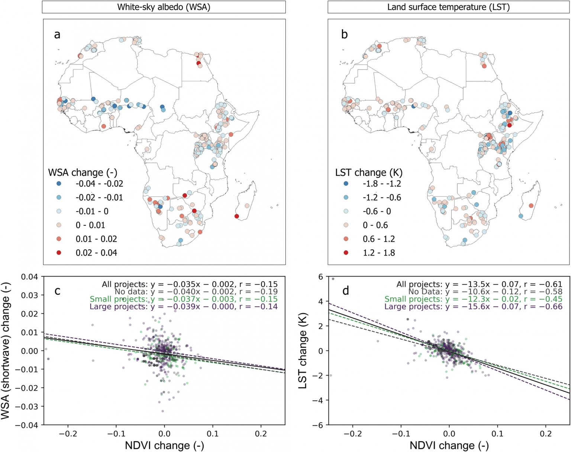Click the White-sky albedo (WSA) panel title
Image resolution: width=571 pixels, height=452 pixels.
(x=164, y=7)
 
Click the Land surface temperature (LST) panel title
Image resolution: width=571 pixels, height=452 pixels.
(x=448, y=7)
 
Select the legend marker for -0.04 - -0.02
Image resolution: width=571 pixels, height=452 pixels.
(x=59, y=183)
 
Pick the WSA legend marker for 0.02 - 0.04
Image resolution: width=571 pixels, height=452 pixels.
(x=59, y=253)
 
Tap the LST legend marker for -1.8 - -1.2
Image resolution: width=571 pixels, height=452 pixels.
(x=346, y=183)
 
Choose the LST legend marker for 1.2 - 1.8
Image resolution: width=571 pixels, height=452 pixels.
(x=346, y=253)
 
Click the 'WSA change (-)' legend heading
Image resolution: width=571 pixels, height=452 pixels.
(x=83, y=173)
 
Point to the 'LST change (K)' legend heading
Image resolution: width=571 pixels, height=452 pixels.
(x=369, y=173)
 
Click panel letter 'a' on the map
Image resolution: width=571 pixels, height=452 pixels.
(x=57, y=35)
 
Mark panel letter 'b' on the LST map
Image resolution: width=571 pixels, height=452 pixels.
(x=344, y=34)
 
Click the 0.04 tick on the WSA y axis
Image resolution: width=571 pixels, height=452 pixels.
(x=29, y=276)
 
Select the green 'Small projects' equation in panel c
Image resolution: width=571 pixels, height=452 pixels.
(x=184, y=299)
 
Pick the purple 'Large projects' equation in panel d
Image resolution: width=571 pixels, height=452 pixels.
(x=473, y=306)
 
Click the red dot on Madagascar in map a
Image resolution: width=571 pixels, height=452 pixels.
(x=237, y=216)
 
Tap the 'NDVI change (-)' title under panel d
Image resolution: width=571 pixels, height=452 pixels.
(x=449, y=446)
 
